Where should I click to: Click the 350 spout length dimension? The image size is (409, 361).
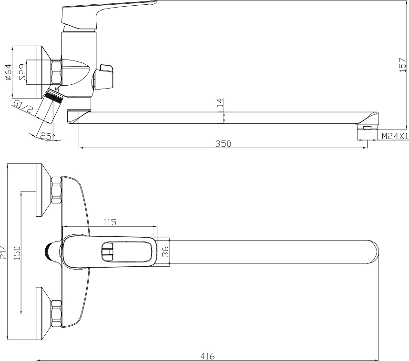223,144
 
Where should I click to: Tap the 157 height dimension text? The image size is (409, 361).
403,65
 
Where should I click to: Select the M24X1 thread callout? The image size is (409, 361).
395,136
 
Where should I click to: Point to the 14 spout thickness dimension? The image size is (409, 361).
220,102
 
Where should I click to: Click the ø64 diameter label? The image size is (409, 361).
9,72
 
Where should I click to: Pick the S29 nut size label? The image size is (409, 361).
23,72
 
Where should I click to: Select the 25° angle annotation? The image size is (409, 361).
48,136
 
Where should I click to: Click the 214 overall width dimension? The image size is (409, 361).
3,251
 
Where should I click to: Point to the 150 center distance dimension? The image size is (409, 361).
17,253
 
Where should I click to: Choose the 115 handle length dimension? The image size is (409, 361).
110,222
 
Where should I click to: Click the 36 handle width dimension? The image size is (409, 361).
165,251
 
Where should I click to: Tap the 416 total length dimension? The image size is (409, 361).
207,356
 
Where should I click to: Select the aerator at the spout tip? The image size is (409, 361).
368,128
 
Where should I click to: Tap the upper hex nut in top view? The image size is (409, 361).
57,190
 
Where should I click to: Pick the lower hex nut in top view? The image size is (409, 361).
57,314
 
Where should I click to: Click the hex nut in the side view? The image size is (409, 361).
57,72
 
